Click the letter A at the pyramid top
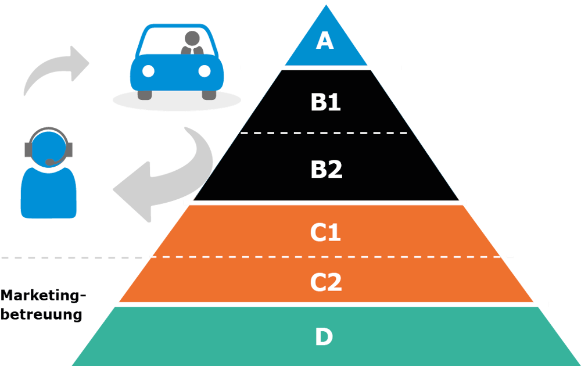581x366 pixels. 325,41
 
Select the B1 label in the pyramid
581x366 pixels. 325,102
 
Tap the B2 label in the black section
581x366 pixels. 327,170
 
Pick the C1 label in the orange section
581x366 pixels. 325,232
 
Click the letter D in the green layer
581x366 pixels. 324,337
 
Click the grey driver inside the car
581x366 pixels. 192,44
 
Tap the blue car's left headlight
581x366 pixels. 149,71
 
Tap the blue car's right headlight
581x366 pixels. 204,71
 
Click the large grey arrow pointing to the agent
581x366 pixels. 166,174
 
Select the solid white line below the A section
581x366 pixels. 321,68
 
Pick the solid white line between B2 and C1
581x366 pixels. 325,203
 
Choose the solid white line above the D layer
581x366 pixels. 299,304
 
